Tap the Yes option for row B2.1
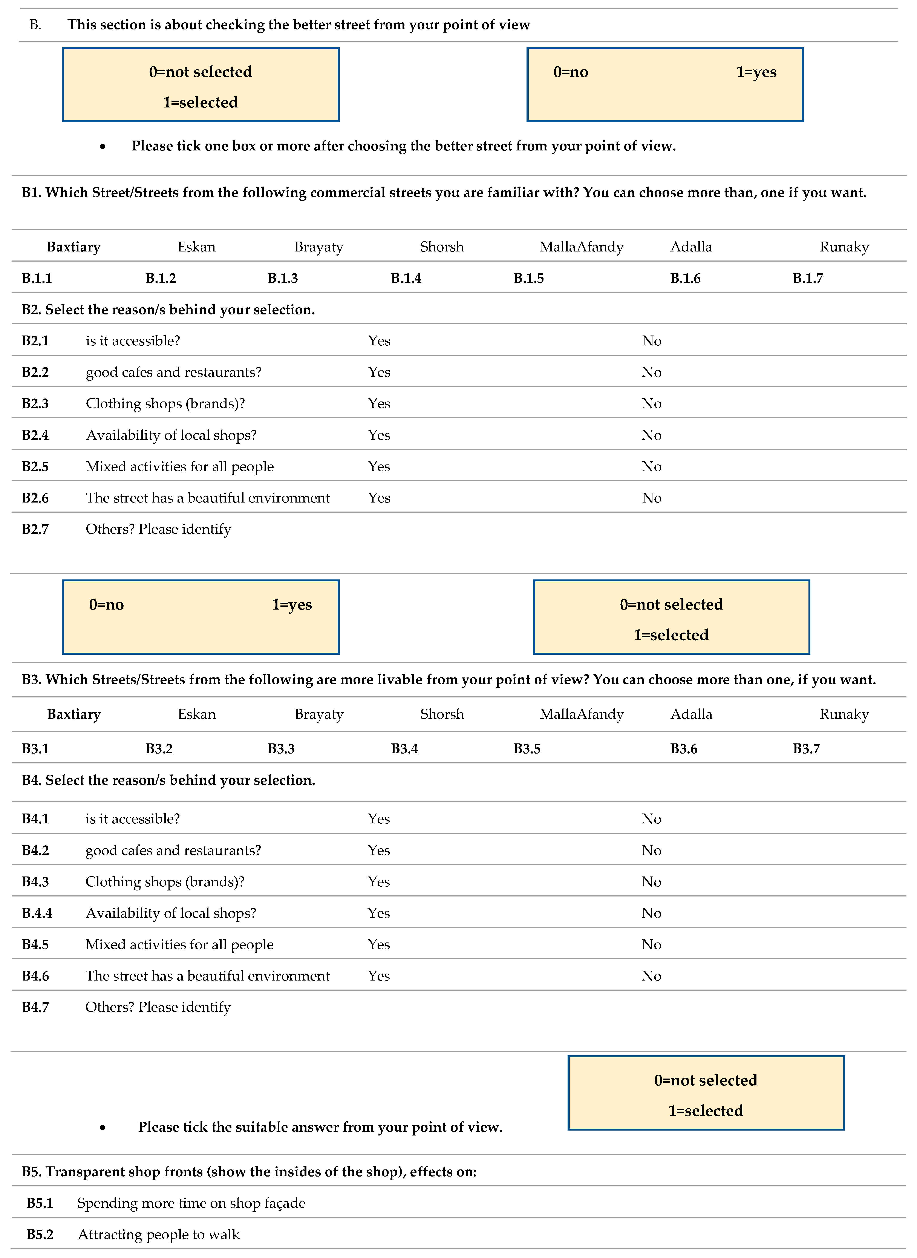379,341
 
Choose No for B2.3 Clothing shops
652,404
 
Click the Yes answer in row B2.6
379,498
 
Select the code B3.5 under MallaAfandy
527,749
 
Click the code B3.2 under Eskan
159,749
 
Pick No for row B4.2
652,850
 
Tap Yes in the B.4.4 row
379,913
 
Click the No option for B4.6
652,976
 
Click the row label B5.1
40,1203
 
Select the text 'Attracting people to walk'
159,1235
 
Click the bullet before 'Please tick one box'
103,147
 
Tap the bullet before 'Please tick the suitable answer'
103,1128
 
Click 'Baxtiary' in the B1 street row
74,247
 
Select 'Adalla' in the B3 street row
691,714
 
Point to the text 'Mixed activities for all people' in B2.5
180,466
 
